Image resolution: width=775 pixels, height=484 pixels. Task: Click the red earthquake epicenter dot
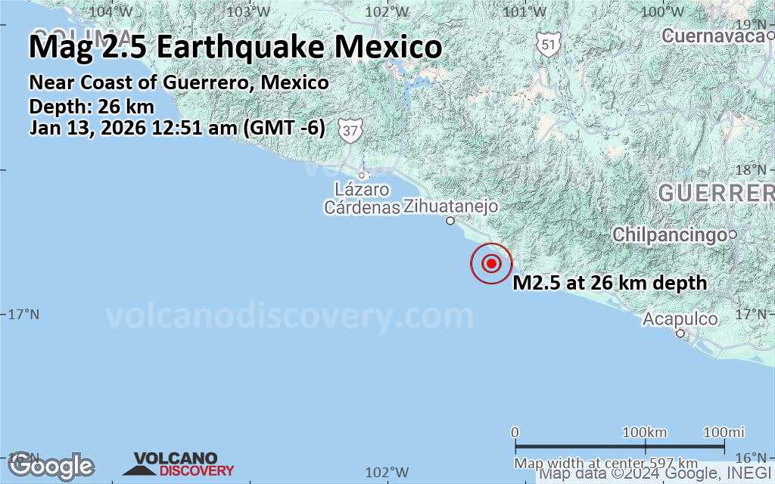pyautogui.click(x=491, y=263)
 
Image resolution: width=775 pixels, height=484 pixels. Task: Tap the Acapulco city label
pyautogui.click(x=680, y=319)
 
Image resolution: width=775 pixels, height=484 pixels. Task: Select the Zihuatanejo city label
pyautogui.click(x=450, y=206)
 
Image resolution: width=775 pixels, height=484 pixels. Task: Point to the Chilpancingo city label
pyautogui.click(x=670, y=234)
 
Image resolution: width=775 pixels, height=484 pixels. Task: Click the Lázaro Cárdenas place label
pyautogui.click(x=362, y=198)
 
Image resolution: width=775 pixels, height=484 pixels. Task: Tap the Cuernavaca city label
pyautogui.click(x=712, y=36)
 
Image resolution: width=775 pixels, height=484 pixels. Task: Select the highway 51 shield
pyautogui.click(x=549, y=44)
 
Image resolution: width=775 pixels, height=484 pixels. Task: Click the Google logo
pyautogui.click(x=51, y=465)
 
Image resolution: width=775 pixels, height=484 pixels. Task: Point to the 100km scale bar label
pyautogui.click(x=644, y=432)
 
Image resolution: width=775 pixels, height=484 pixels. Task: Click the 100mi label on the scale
pyautogui.click(x=724, y=432)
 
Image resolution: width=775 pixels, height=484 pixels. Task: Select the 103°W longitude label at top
pyautogui.click(x=249, y=11)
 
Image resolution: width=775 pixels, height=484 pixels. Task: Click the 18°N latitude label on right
pyautogui.click(x=754, y=170)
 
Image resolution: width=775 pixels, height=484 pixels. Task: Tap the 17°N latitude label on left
pyautogui.click(x=23, y=314)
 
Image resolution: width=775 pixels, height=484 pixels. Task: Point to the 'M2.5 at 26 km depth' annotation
pyautogui.click(x=610, y=284)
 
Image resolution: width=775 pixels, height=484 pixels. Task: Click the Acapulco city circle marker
pyautogui.click(x=680, y=333)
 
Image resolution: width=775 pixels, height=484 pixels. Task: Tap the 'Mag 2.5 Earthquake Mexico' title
pyautogui.click(x=235, y=47)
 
